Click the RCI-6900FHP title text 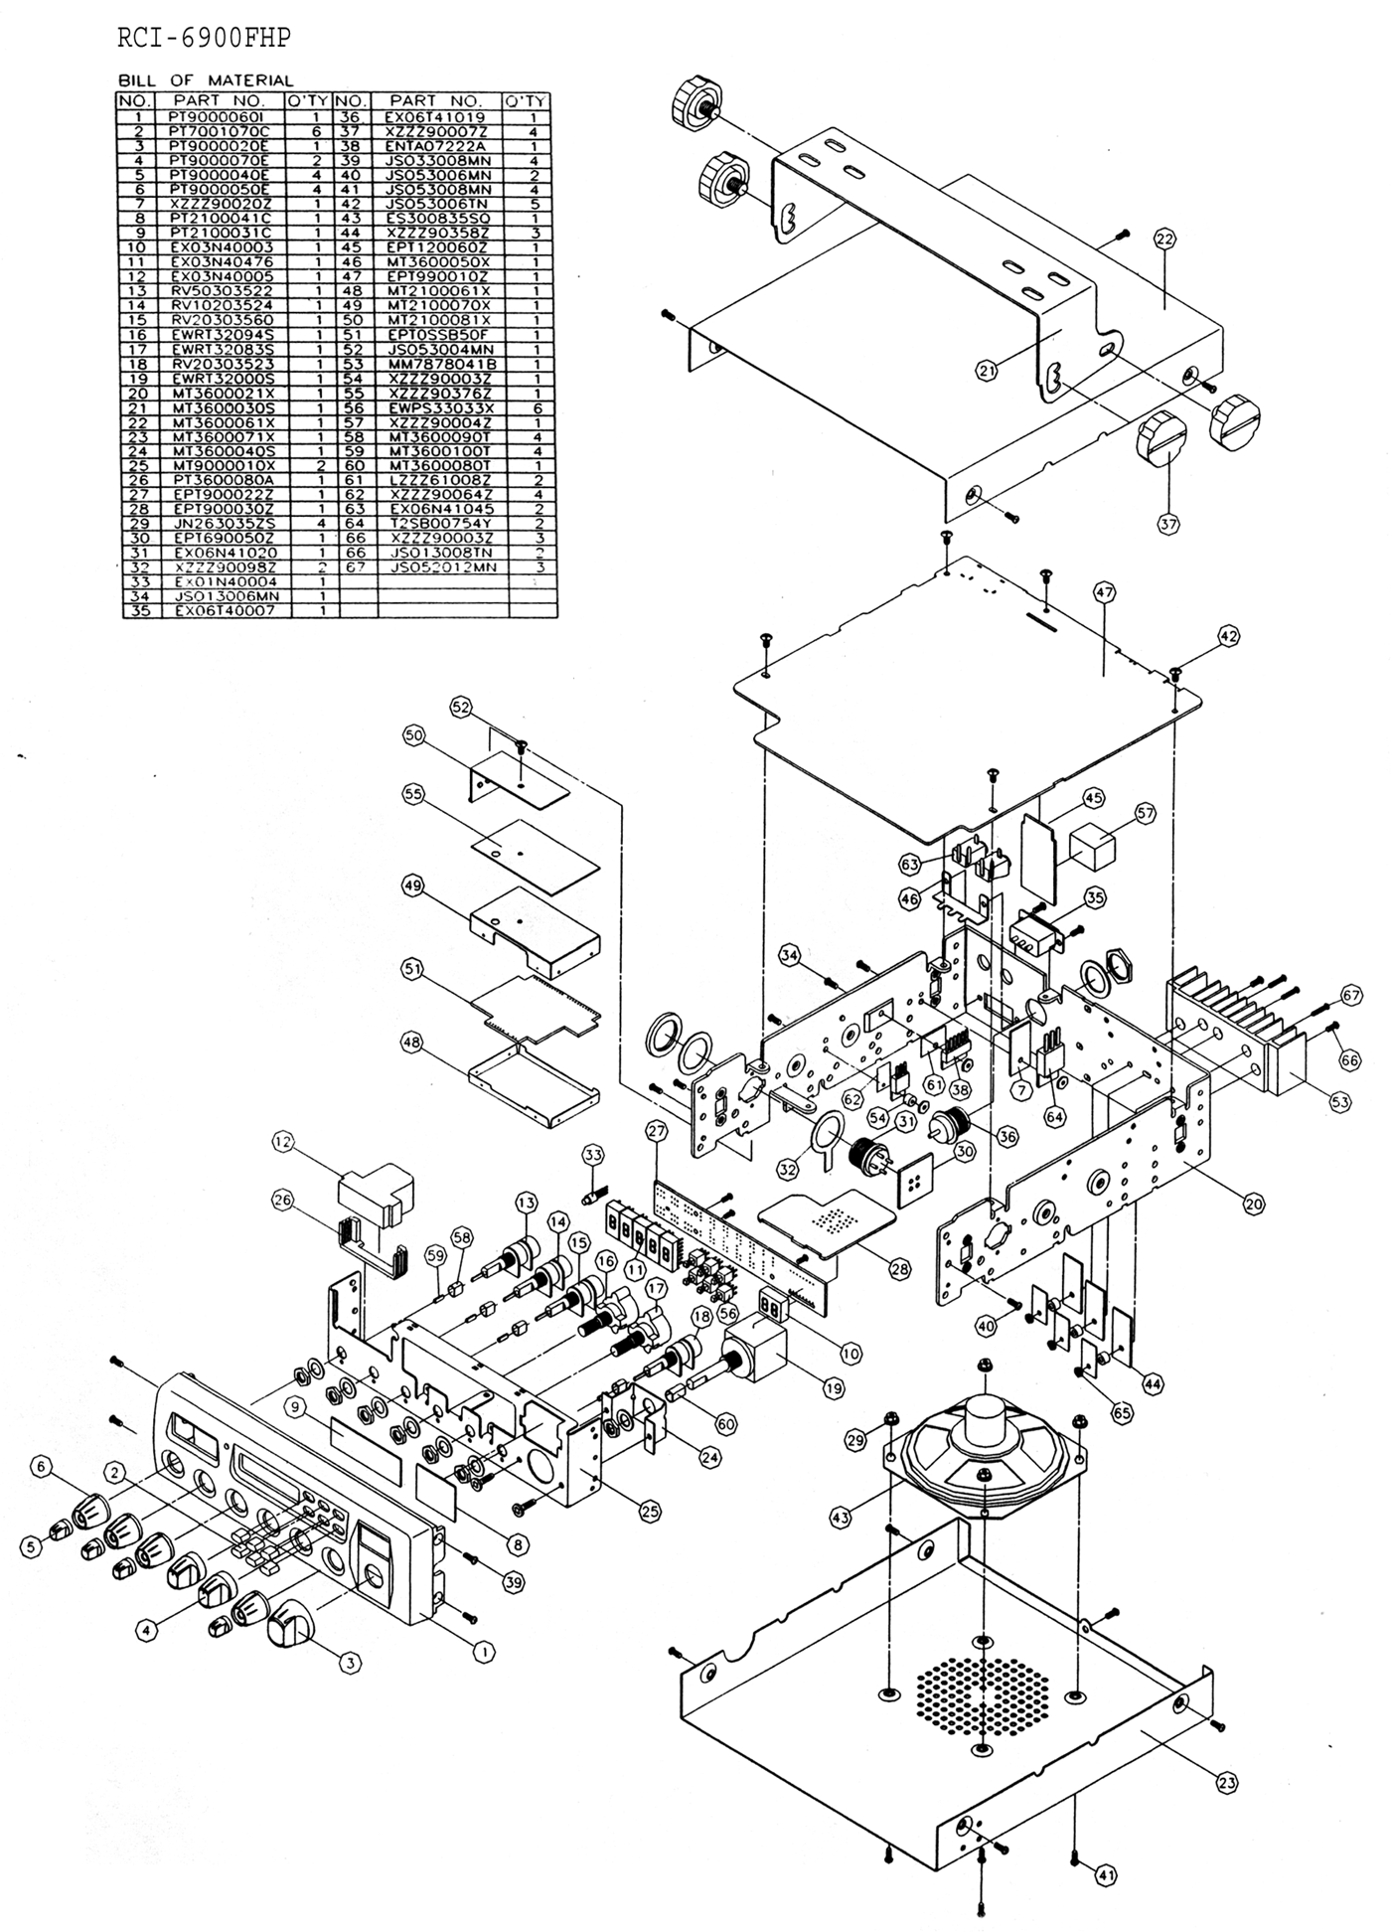(204, 38)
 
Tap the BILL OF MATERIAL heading (206, 80)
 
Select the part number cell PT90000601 (214, 116)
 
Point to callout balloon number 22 (1163, 238)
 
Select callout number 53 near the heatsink (1340, 1101)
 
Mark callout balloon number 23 (1227, 1783)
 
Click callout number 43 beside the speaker (842, 1518)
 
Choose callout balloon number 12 (283, 1143)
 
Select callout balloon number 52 (461, 708)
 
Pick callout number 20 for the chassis (1254, 1203)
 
